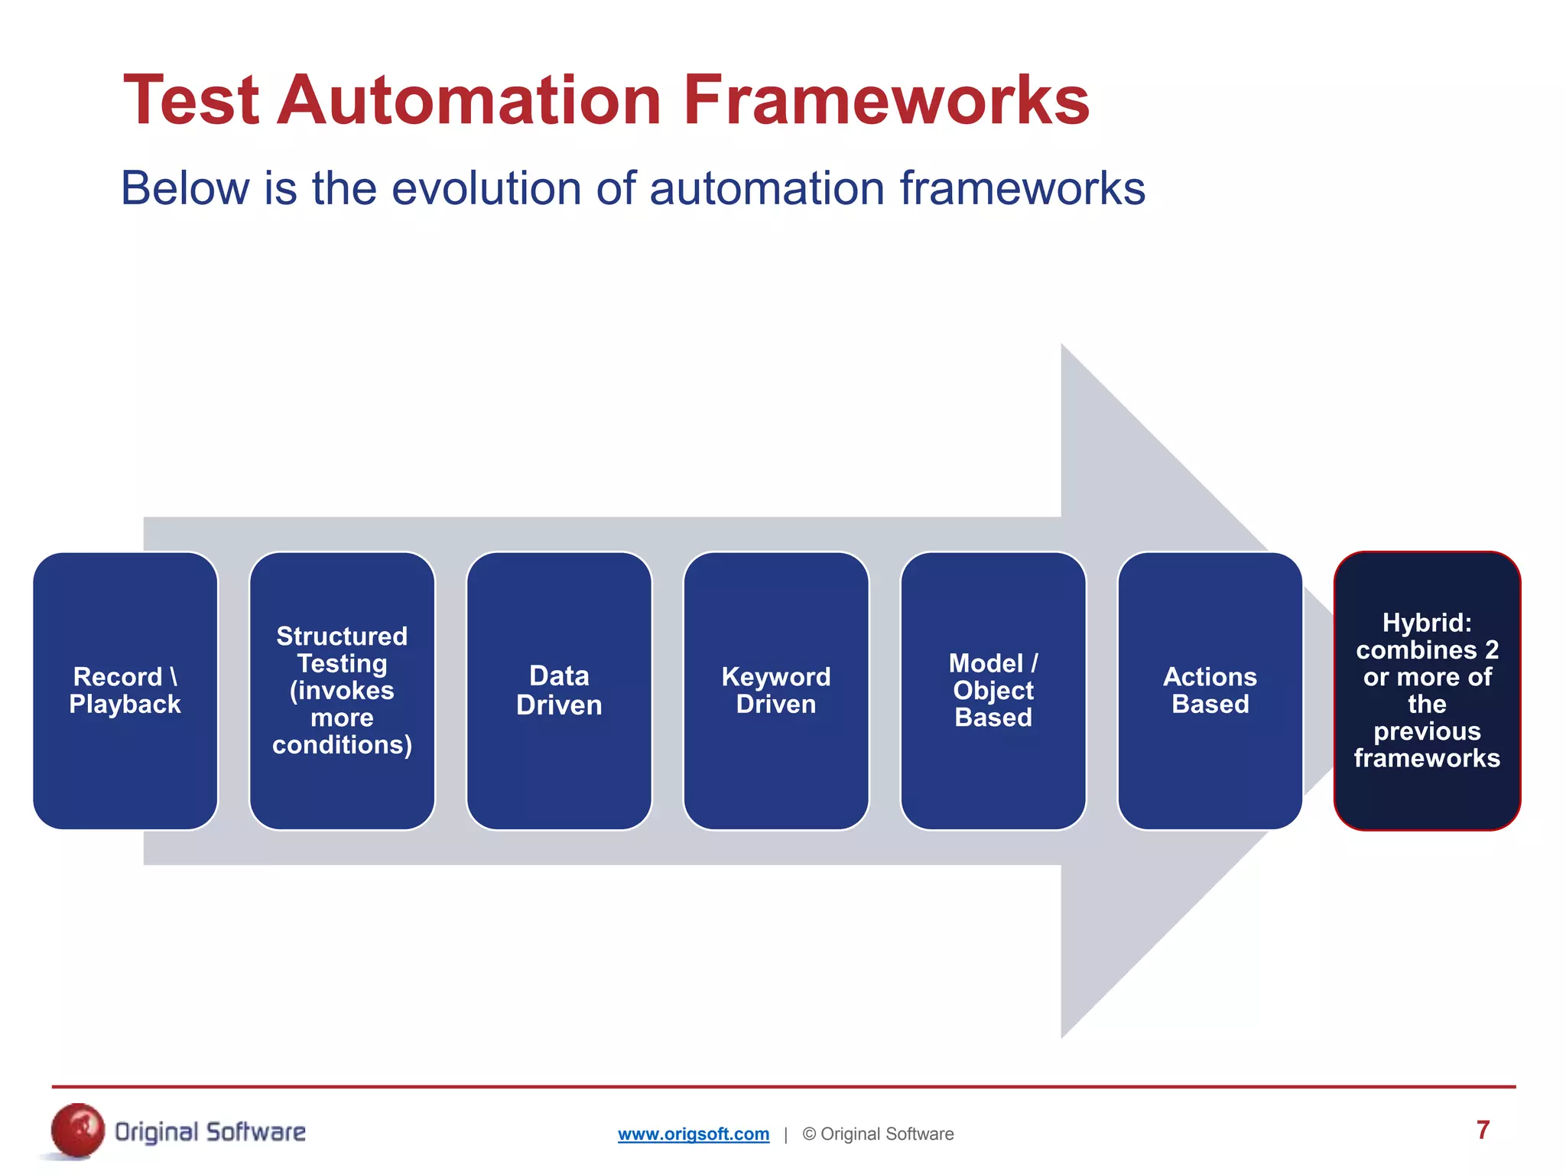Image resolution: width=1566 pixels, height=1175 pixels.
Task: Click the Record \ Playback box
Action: coord(125,691)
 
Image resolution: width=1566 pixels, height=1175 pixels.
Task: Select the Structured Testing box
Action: coord(342,691)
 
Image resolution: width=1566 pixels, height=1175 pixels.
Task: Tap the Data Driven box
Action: coord(559,691)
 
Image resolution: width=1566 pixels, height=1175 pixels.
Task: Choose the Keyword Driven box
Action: coord(776,691)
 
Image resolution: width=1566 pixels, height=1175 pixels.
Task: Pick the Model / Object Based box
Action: coord(993,691)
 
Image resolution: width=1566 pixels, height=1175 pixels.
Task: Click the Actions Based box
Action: coord(1210,691)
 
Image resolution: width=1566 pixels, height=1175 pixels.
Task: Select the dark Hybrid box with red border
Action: coord(1427,691)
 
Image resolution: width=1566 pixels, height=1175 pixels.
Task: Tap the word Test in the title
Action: coord(191,100)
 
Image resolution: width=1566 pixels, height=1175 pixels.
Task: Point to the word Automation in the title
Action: coord(469,100)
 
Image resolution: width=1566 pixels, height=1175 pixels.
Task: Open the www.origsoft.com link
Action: coord(693,1134)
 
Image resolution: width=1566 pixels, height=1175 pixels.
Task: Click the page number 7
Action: coord(1483,1130)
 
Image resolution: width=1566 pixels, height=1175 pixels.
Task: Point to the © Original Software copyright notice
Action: coord(878,1134)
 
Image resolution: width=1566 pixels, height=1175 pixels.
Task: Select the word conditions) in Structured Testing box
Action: coord(342,745)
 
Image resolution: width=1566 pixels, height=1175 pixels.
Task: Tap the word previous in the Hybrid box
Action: coord(1427,731)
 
